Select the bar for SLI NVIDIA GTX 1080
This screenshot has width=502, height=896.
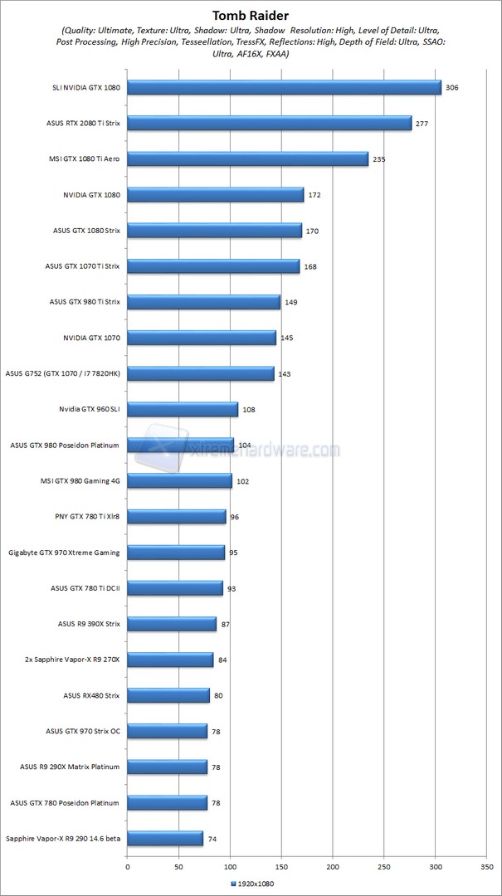pos(284,87)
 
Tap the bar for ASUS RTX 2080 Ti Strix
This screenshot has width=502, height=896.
pos(269,123)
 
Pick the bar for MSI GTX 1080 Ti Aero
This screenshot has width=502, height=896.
pos(247,158)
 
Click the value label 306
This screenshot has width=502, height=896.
pos(452,87)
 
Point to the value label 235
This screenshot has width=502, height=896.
pos(379,158)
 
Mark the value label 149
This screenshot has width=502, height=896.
pos(291,302)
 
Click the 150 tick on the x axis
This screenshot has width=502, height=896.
pos(281,866)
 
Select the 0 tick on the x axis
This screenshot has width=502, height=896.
pos(128,866)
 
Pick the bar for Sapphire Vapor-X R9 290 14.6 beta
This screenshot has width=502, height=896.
pos(165,839)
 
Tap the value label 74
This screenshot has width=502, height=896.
pos(212,839)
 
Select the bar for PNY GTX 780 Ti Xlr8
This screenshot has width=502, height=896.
pos(177,516)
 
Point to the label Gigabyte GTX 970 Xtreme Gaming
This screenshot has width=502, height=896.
pos(64,552)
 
